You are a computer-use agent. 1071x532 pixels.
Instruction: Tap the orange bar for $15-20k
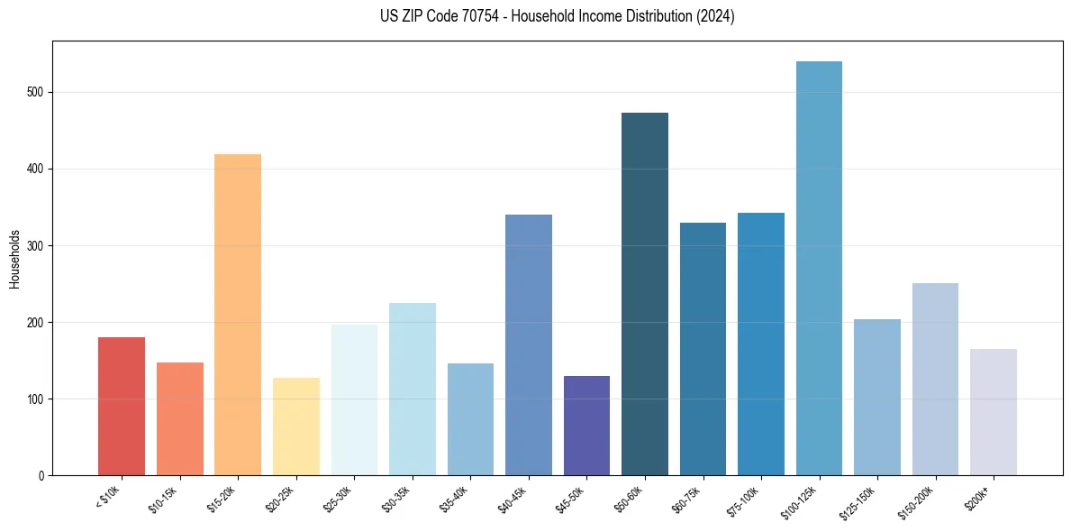point(238,315)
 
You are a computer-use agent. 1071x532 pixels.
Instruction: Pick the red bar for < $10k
point(122,407)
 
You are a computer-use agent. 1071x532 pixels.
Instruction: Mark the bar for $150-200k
point(935,380)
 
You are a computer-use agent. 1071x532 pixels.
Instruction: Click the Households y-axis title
point(14,258)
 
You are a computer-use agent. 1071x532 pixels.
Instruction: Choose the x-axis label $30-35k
point(397,499)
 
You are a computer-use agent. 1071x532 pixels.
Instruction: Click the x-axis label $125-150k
point(860,500)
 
